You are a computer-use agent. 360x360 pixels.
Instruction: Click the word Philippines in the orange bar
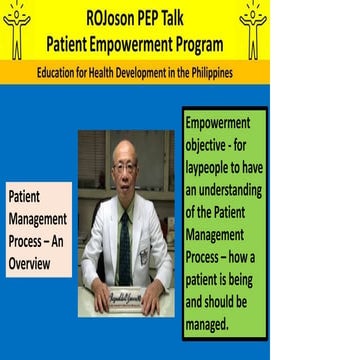pos(207,73)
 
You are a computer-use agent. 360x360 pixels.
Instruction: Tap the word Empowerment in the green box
pos(223,124)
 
